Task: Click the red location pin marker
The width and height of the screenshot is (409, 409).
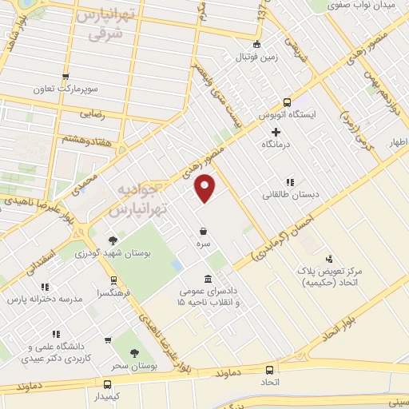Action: click(206, 189)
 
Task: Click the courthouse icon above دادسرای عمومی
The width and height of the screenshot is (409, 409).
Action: click(208, 279)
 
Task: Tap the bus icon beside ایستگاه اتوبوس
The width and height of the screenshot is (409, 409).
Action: click(288, 102)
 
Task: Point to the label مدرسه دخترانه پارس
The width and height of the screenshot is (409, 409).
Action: click(45, 299)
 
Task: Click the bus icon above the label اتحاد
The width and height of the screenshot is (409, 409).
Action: click(270, 370)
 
